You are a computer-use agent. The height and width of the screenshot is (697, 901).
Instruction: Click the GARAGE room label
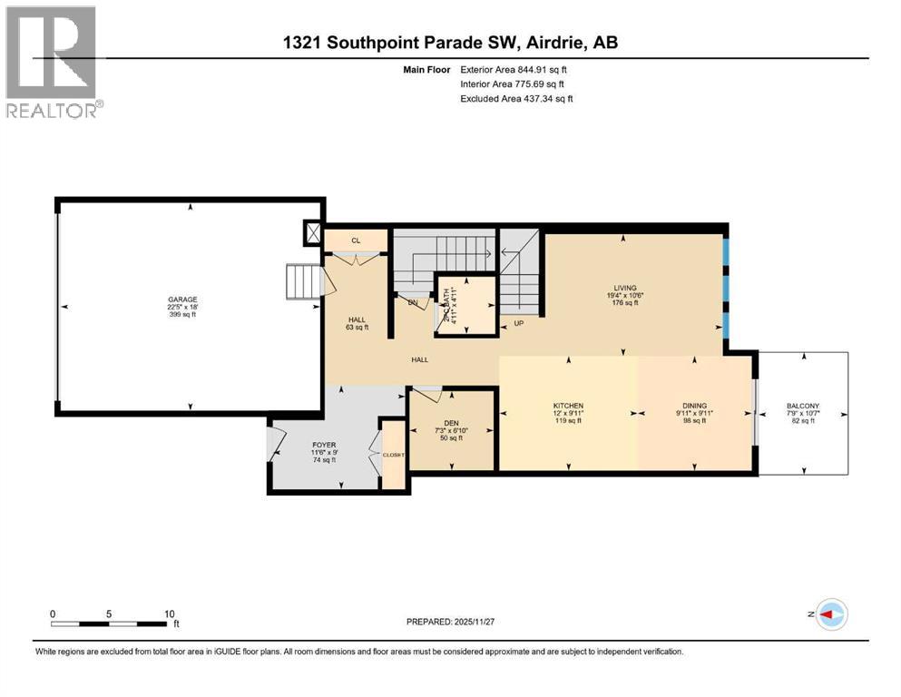pyautogui.click(x=182, y=299)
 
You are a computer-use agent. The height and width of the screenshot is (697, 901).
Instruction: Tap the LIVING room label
pyautogui.click(x=624, y=288)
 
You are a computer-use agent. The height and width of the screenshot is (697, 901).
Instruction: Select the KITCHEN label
pyautogui.click(x=569, y=406)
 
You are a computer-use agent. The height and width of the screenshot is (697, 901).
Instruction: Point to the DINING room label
pyautogui.click(x=695, y=406)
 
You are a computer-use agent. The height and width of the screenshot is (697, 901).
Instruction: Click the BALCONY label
pyautogui.click(x=803, y=406)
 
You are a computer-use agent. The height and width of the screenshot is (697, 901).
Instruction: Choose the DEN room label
pyautogui.click(x=451, y=421)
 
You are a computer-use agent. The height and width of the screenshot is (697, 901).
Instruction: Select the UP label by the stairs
pyautogui.click(x=519, y=322)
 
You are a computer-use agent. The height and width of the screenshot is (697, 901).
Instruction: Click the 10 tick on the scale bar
pyautogui.click(x=169, y=614)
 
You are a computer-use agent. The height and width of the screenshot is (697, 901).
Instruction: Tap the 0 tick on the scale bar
pyautogui.click(x=53, y=614)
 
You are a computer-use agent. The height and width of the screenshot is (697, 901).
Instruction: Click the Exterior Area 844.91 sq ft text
pyautogui.click(x=517, y=69)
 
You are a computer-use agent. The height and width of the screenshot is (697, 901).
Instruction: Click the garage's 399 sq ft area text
pyautogui.click(x=182, y=315)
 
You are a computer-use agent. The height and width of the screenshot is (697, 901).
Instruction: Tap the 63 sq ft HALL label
pyautogui.click(x=357, y=327)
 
